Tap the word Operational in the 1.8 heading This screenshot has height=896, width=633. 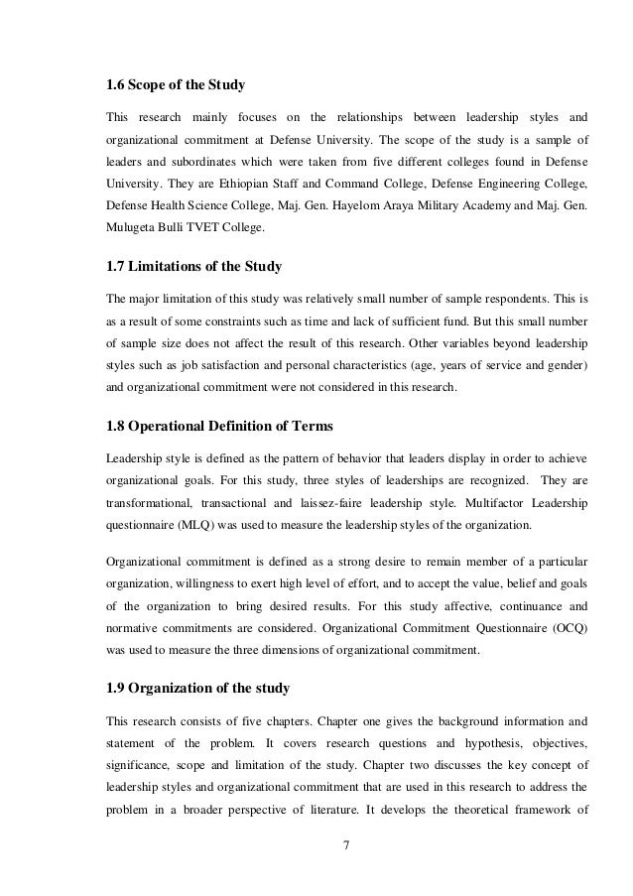coord(187,429)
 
